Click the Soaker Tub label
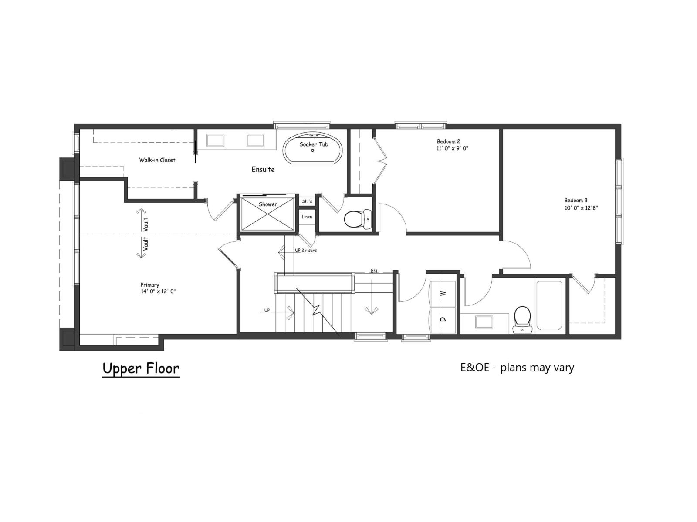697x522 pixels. (314, 144)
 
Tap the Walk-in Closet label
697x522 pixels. (157, 160)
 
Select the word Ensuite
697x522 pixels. (263, 170)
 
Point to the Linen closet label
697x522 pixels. (307, 217)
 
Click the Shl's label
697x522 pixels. (307, 201)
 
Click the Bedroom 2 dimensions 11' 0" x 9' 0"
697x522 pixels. (452, 148)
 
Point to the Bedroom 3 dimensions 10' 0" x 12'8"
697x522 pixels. (581, 208)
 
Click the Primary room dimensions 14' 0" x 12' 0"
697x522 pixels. (155, 291)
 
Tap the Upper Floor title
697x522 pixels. (141, 368)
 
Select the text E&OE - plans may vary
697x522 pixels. (517, 368)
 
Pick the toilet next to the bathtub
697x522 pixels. (522, 317)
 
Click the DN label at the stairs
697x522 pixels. (374, 271)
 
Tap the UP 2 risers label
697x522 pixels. (306, 251)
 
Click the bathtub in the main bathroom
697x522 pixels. (549, 305)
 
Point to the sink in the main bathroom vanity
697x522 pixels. (484, 322)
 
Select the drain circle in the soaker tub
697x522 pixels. (312, 151)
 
